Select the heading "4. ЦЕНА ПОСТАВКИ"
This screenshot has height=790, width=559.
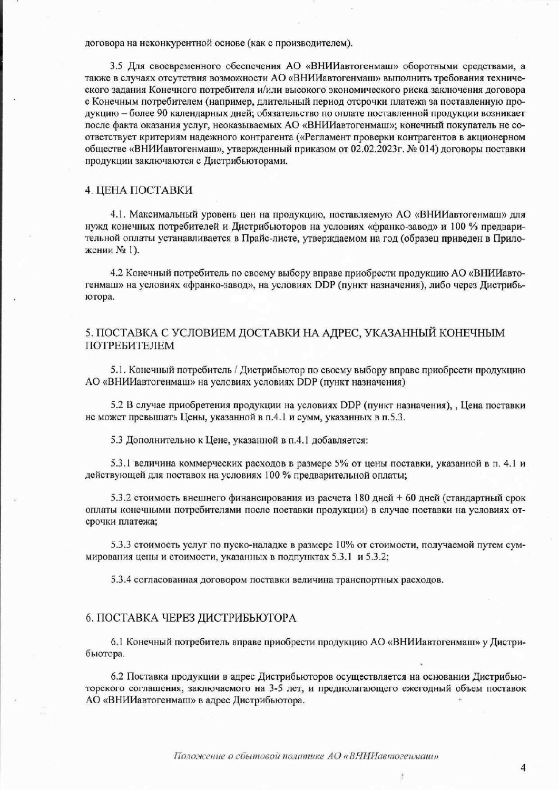coord(139,190)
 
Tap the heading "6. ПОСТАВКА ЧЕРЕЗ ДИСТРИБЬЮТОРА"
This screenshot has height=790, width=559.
coord(191,618)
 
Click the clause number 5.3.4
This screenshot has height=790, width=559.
coord(120,580)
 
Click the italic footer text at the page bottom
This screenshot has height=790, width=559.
coord(307,756)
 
